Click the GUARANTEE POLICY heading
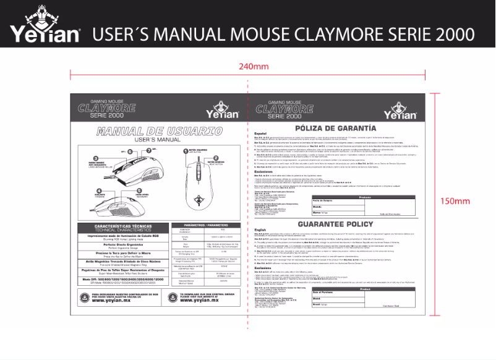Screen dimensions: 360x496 pyautogui.click(x=335, y=224)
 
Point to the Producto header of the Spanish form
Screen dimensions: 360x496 pyautogui.click(x=365, y=197)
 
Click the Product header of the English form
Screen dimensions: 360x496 pyautogui.click(x=365, y=289)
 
